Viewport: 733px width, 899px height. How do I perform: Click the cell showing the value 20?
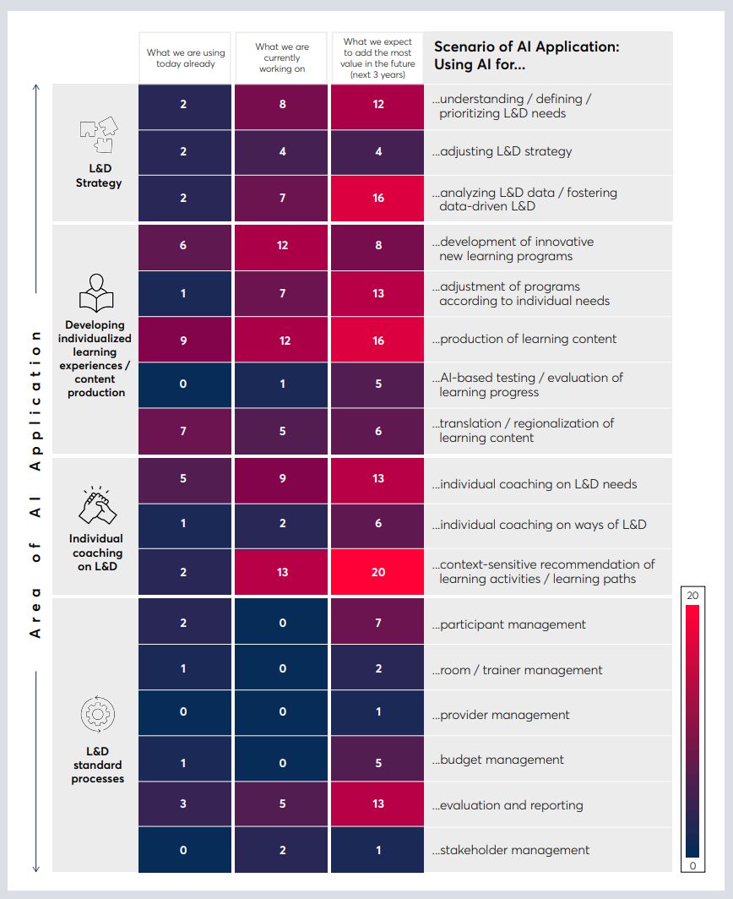pos(377,572)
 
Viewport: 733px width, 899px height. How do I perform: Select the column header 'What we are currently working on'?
pos(282,58)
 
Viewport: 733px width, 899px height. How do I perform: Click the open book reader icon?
pos(96,294)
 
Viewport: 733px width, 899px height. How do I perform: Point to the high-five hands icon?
pos(96,506)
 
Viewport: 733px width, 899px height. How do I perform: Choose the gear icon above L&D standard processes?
pos(97,715)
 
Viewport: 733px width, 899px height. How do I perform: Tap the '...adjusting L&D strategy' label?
pos(502,152)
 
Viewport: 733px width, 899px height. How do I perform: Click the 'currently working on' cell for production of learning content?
pos(282,341)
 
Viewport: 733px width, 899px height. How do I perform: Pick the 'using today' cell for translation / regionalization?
pos(184,431)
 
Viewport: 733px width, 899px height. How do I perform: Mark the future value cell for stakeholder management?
pos(377,850)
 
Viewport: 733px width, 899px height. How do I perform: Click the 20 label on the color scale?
pos(692,596)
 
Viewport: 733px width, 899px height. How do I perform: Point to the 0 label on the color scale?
pos(692,865)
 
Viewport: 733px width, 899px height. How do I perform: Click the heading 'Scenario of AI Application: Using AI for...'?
pos(526,56)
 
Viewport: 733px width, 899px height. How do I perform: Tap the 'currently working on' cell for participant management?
pos(282,623)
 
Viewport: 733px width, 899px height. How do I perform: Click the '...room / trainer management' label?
pos(518,670)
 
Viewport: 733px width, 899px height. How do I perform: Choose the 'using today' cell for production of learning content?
pos(184,341)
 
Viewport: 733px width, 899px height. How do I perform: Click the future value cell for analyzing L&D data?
pos(377,198)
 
